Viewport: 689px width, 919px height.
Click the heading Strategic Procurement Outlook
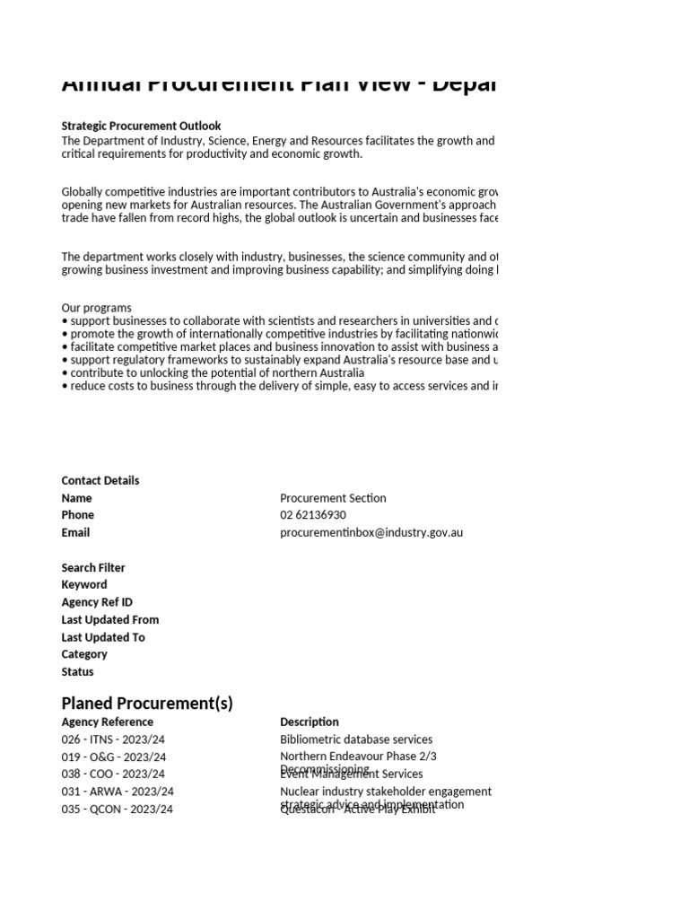141,127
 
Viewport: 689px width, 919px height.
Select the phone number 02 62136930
313,515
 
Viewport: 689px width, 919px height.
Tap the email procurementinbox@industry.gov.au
371,532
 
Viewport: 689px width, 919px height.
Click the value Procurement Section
333,498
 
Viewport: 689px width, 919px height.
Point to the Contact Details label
100,480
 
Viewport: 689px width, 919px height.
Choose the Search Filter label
93,567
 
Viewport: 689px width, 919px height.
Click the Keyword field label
84,584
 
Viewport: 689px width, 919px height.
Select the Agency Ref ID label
97,602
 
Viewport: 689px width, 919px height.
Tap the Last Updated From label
110,619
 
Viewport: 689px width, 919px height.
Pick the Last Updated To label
103,637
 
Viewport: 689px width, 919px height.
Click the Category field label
84,654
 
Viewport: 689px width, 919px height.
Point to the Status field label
77,671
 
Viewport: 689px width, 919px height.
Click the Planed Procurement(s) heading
147,703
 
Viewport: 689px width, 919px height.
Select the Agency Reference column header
108,722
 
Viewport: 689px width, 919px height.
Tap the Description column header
310,722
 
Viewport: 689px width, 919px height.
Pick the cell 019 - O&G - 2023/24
113,757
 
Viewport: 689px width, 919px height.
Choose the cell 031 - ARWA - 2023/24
118,792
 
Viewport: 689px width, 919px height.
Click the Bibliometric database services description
356,740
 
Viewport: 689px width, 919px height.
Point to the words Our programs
96,308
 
